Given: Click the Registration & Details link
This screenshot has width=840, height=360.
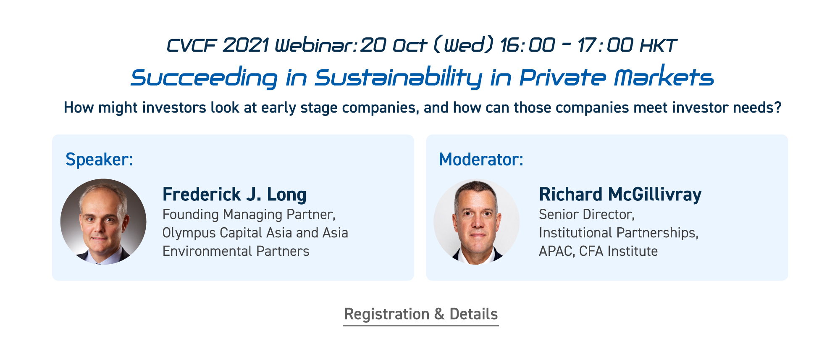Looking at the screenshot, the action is [421, 315].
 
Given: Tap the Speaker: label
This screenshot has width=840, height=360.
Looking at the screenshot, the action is [99, 160].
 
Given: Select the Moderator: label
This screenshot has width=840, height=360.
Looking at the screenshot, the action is [481, 160].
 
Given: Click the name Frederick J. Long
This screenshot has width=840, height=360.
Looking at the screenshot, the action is [234, 195].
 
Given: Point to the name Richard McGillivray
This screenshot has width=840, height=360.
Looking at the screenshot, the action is [620, 194].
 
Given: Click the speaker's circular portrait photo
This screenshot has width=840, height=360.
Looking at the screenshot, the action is [103, 222].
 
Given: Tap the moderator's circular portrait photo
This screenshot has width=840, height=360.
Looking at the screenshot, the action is [476, 222].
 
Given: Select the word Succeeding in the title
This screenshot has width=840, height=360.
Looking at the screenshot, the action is [204, 78].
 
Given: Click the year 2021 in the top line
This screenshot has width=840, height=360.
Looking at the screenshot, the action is [245, 45].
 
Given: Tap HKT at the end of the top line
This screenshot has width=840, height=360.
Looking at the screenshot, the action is [658, 45].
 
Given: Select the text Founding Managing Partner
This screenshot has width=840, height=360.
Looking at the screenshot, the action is [248, 215].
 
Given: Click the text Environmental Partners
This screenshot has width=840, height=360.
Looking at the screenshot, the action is [236, 251].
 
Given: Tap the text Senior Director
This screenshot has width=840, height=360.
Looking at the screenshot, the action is [586, 215].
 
